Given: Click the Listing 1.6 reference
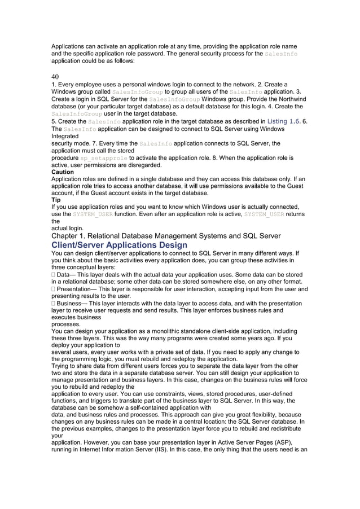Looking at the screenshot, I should click(284, 121).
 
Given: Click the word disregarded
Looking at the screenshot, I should click(144, 165).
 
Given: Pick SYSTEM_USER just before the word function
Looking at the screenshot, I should click(93, 214).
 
